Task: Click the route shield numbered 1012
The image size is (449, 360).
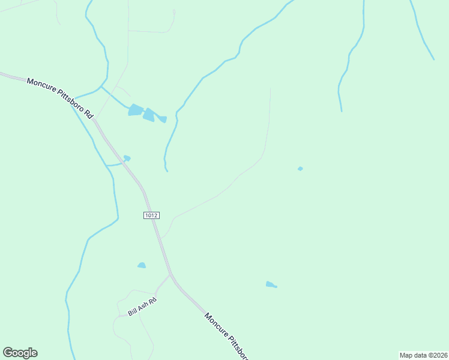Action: click(x=151, y=215)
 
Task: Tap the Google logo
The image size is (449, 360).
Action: click(x=20, y=353)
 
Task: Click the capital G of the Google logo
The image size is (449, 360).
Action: click(x=8, y=352)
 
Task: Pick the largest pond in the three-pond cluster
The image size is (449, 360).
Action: click(x=136, y=110)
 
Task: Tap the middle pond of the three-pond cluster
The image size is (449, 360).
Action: click(x=149, y=115)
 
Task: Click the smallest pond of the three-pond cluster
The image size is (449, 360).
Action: click(x=163, y=119)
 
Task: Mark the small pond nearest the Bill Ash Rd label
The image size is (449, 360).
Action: click(x=142, y=265)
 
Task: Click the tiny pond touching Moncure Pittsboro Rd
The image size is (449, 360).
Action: click(x=127, y=158)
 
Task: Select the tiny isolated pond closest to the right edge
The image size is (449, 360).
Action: click(x=300, y=169)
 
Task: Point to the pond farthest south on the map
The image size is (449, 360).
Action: click(x=271, y=284)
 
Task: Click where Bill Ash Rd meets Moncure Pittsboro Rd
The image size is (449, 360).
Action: click(x=170, y=275)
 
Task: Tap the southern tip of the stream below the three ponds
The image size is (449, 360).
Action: click(x=167, y=171)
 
